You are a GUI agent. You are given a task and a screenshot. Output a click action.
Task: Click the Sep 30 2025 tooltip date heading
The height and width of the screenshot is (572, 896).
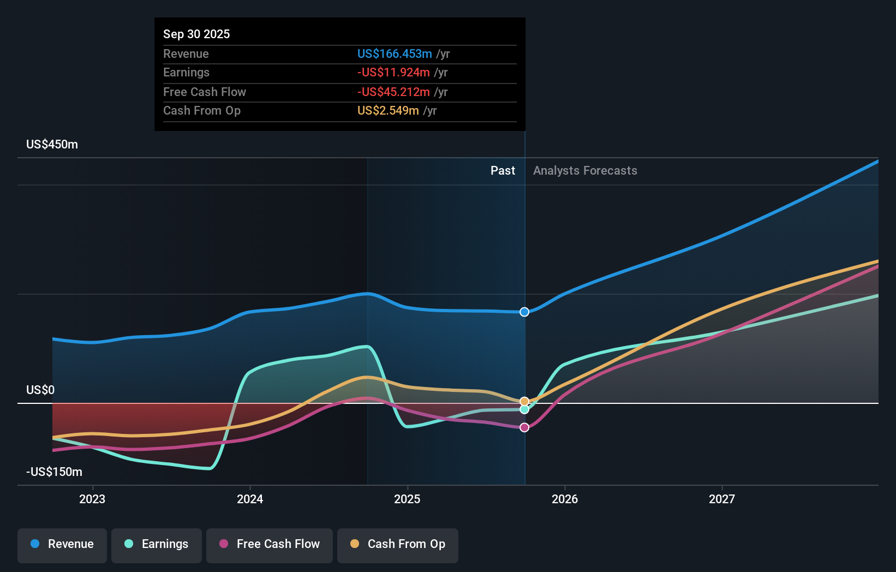[196, 34]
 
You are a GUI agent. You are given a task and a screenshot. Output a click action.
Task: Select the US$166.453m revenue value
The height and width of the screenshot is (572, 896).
[395, 53]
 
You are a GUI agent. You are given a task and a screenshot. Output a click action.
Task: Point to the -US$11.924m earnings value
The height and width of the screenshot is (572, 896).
[393, 72]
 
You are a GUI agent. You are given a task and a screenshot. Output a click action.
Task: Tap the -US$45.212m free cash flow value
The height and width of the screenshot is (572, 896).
[393, 92]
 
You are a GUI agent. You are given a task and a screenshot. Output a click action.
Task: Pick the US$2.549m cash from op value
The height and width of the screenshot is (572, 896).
[388, 110]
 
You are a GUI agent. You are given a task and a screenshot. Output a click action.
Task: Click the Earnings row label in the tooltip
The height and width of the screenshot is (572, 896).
[186, 72]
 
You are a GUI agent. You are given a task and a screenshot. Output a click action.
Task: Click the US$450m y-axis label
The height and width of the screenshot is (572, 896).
[52, 144]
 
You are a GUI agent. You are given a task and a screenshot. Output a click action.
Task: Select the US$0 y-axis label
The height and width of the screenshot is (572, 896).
[40, 390]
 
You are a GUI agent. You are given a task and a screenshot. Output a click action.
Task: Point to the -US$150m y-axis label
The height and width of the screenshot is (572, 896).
[54, 472]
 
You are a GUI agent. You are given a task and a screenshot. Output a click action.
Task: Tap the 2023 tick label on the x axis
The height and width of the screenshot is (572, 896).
[92, 499]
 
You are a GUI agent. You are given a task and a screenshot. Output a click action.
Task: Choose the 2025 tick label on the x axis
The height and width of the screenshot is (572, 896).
[407, 499]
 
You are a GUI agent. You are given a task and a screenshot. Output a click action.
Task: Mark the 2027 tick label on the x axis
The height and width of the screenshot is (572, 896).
[721, 499]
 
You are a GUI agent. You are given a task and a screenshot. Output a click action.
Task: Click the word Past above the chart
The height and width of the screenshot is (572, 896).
[503, 170]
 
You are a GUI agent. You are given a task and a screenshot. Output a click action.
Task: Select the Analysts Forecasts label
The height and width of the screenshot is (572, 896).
[585, 170]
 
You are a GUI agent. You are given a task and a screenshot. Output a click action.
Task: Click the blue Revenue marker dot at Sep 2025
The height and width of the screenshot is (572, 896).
[524, 312]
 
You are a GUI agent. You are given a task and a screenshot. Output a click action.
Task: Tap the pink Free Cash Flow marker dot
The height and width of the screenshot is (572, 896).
[524, 427]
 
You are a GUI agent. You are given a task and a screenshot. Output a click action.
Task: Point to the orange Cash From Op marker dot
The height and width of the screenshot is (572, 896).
[524, 401]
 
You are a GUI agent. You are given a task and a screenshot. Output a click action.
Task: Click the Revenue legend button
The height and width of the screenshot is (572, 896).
[62, 544]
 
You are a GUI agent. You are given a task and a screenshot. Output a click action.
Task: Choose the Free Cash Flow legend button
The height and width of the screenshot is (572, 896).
[270, 544]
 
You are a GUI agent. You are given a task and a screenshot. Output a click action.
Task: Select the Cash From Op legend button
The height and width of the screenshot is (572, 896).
[398, 544]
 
